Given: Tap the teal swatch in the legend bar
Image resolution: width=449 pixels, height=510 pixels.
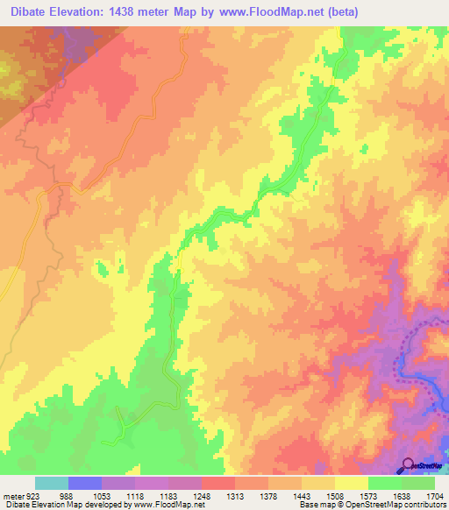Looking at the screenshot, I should [52, 483].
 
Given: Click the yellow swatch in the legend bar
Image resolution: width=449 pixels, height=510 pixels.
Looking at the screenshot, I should [352, 483].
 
